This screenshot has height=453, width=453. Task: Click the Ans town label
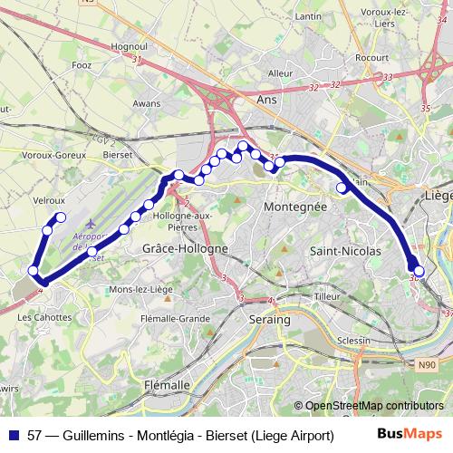(x=267, y=101)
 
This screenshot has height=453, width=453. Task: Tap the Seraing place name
(x=269, y=320)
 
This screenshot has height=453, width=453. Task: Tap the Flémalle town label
(x=167, y=384)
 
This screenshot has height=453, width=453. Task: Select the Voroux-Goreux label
(x=48, y=155)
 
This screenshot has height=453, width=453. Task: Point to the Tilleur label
(x=325, y=296)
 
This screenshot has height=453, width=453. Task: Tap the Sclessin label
(x=352, y=340)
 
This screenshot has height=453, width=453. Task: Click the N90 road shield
(x=427, y=365)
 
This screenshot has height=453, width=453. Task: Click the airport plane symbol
(x=89, y=222)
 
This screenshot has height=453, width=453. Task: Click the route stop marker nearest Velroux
(x=61, y=217)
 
